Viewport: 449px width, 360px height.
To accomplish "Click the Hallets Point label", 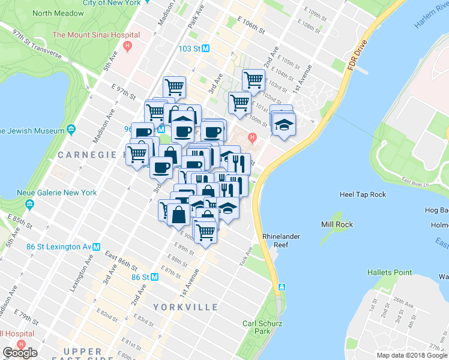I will (390, 272).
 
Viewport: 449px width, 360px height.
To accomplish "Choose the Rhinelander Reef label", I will (281, 241).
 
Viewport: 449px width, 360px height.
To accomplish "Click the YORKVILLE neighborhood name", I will (185, 307).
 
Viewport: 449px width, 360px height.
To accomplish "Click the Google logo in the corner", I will (19, 353).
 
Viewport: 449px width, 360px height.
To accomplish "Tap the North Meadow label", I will (58, 13).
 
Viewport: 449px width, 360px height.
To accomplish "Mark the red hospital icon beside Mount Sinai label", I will (127, 46).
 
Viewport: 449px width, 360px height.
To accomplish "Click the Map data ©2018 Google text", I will (412, 355).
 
